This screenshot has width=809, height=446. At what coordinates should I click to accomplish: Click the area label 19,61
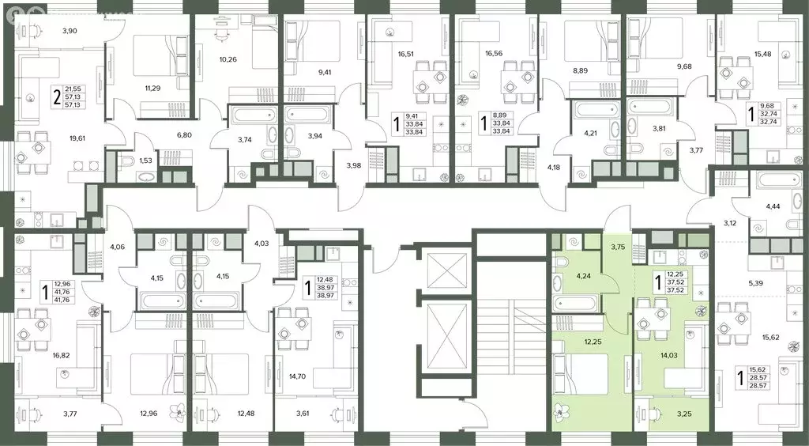pyautogui.click(x=79, y=138)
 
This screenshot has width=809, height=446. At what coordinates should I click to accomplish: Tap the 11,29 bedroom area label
pyautogui.click(x=152, y=89)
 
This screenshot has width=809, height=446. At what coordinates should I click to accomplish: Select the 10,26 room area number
pyautogui.click(x=228, y=59)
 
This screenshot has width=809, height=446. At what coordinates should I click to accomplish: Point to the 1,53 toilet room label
pyautogui.click(x=146, y=161)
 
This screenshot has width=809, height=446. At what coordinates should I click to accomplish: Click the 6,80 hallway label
pyautogui.click(x=184, y=135)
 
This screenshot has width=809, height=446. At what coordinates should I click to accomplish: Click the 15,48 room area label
pyautogui.click(x=762, y=54)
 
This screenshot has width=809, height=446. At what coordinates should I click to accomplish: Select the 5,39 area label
pyautogui.click(x=756, y=283)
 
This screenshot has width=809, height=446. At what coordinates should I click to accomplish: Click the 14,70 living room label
pyautogui.click(x=297, y=376)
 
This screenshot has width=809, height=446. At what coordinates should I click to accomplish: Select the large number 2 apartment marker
pyautogui.click(x=56, y=96)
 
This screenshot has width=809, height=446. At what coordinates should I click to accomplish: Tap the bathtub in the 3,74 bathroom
pyautogui.click(x=246, y=115)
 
